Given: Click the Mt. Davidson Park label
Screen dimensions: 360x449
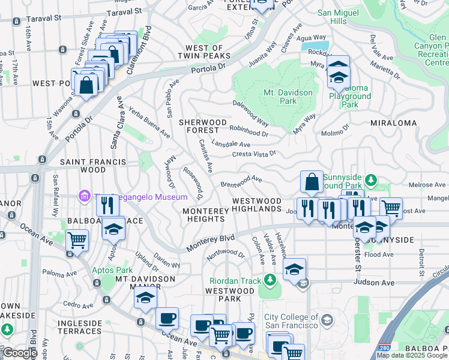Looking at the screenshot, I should coord(288,97).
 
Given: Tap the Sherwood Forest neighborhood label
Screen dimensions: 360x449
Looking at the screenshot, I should coord(203,126).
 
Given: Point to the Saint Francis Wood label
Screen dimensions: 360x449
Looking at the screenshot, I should coord(92,166).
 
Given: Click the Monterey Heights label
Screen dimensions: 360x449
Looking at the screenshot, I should coord(205,215).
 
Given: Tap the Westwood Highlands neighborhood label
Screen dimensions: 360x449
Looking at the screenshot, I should coord(257,205).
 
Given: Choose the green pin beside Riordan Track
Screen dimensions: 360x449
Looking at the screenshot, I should coord(270,280).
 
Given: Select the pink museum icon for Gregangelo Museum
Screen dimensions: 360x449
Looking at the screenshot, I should coord(85,196).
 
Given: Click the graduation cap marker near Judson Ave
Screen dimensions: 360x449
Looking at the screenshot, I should coord(295,269).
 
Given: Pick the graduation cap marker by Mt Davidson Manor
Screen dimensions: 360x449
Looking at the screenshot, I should coord(145,298).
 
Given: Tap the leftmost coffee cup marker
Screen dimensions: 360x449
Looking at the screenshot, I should coord(167,317).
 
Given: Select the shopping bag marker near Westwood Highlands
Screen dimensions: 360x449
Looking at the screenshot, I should coord(312,181).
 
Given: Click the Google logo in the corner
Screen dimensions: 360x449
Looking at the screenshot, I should coord(19,352).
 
